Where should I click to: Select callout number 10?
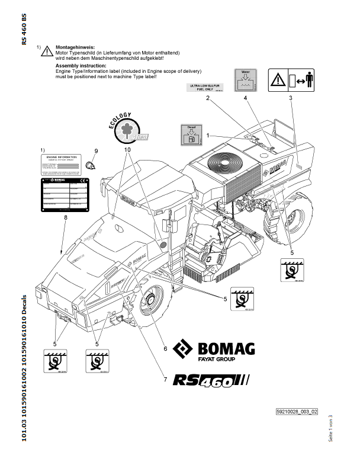coord(127,150)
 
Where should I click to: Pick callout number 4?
coord(245,99)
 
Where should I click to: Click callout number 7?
coord(157,379)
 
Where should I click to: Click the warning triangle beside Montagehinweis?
coord(46,52)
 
